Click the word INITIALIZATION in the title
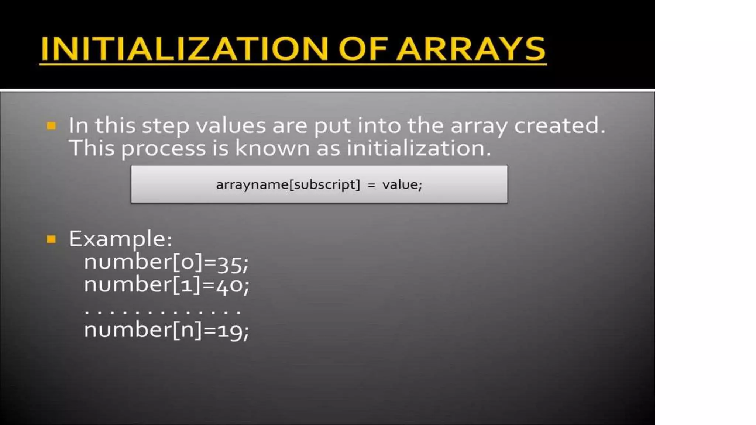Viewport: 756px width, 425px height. pos(184,49)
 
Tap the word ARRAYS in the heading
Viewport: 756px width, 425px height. pos(471,49)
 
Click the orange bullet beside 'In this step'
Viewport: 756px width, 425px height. pos(51,126)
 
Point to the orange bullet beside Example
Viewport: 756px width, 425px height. pos(51,239)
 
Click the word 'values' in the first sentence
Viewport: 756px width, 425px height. pos(231,126)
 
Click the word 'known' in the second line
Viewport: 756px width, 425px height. pos(272,148)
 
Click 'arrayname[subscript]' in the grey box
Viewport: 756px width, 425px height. pos(288,184)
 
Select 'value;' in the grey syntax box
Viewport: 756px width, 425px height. pos(402,184)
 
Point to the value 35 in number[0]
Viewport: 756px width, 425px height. pos(230,263)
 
